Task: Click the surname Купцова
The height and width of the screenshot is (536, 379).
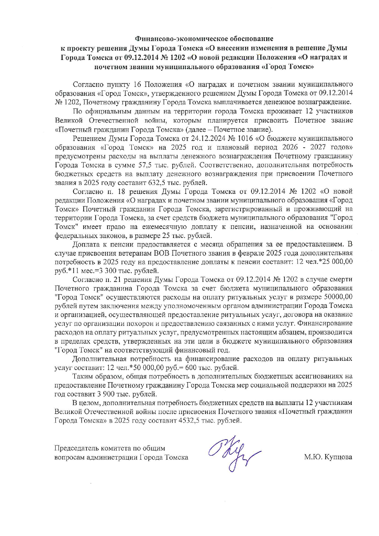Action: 339,457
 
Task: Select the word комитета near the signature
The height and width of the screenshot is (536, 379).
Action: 116,448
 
